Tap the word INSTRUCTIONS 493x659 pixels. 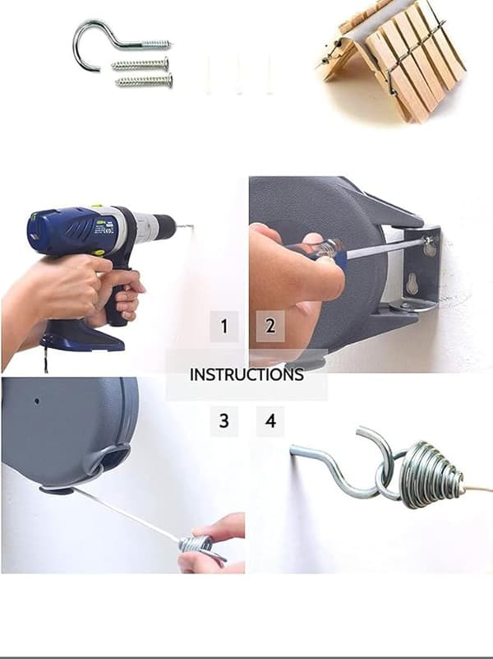tap(246, 374)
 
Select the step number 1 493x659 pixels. tap(224, 326)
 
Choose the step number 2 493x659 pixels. tap(270, 326)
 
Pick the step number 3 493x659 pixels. tap(224, 420)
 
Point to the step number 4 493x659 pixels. tap(270, 420)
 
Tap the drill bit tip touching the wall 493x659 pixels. tap(192, 227)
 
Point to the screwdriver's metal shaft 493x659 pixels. tap(386, 248)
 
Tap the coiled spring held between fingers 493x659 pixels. tap(197, 545)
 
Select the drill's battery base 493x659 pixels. tap(84, 336)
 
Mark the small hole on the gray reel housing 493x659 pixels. tap(37, 401)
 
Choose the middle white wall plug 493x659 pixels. tap(238, 76)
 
